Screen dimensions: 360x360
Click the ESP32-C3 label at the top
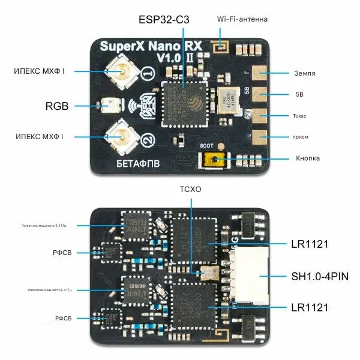pos(163,20)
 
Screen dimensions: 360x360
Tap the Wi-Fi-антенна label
pos(242,19)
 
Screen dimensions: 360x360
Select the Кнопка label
pos(308,158)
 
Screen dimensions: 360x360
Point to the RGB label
pos(57,107)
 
